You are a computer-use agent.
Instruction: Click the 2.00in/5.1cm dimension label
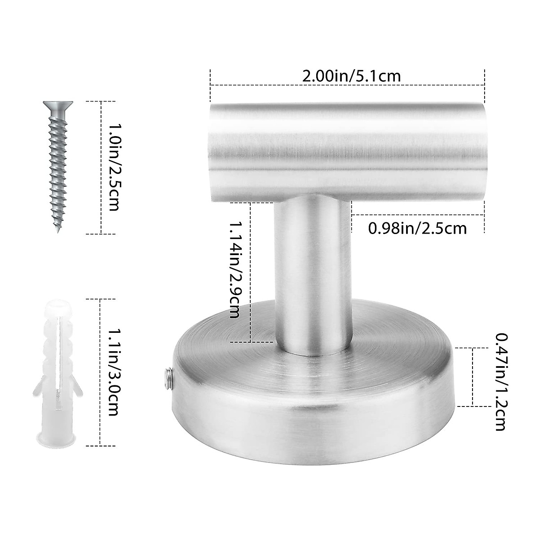(x=351, y=75)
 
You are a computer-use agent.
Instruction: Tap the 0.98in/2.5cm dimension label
(x=417, y=229)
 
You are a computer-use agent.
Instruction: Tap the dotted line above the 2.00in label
(x=347, y=84)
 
